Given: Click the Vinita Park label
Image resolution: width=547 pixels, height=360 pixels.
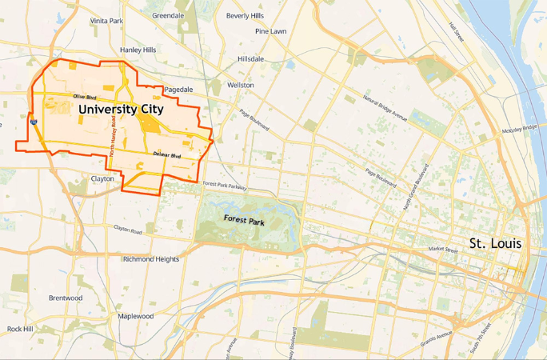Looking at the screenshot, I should [x=106, y=20].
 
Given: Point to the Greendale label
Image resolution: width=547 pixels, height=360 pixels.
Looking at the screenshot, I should [x=168, y=15].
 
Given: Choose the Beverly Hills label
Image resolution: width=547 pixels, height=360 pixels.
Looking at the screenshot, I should [x=245, y=15].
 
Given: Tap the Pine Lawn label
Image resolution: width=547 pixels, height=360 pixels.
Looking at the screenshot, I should [x=271, y=31].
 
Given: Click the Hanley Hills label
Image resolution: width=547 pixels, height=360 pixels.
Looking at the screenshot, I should [x=138, y=50].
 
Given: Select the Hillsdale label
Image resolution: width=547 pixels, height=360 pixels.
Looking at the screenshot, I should [x=250, y=59].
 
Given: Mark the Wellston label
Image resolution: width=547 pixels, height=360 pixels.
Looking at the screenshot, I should [x=240, y=85].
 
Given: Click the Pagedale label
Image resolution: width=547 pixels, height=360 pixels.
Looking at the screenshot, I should [x=178, y=90].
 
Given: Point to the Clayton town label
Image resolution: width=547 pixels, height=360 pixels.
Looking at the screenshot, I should [x=102, y=178].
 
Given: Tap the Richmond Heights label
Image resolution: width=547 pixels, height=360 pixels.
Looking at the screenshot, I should [x=151, y=259].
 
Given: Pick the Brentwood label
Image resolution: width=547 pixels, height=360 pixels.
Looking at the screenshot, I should [x=66, y=298].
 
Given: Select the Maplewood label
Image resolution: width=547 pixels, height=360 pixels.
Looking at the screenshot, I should [x=135, y=316].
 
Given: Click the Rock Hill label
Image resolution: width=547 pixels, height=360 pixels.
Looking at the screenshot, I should [x=20, y=329].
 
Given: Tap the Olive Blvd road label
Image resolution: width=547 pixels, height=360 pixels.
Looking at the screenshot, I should [x=85, y=97].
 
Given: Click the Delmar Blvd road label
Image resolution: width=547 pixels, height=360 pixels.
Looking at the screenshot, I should [x=167, y=154].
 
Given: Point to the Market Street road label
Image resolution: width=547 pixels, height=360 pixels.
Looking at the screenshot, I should [x=442, y=250].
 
